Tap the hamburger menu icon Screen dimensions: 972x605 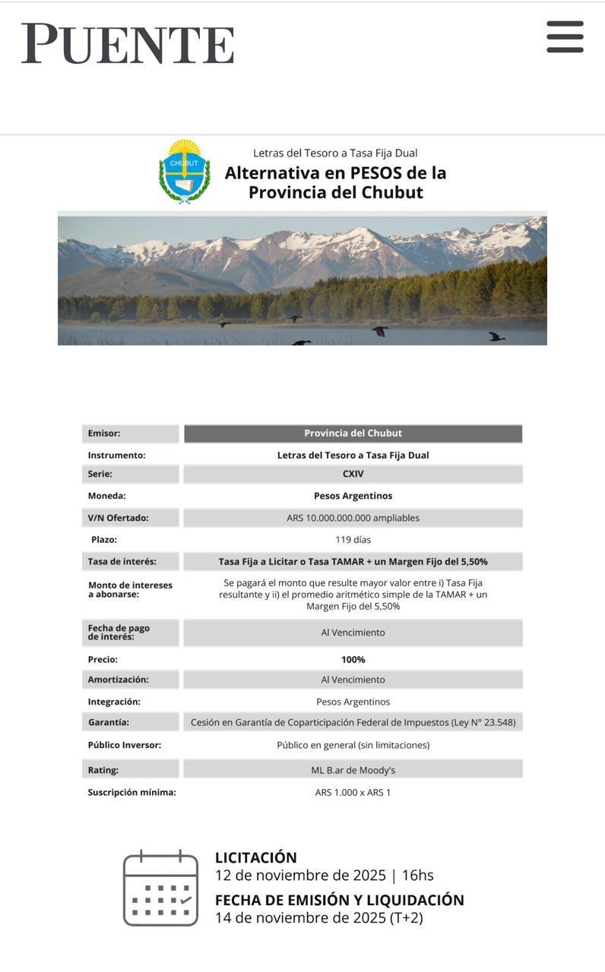coord(565,36)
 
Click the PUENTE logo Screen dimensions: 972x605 coord(128,43)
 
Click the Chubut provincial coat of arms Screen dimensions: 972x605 coord(184,172)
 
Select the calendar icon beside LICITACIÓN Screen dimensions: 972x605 coord(160,888)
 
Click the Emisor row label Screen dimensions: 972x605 coord(104,434)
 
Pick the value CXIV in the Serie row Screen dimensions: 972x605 coord(353,474)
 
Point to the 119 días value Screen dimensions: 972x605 coord(353,540)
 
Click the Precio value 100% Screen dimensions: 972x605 coord(353,660)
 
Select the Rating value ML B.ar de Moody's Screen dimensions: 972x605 coord(353,770)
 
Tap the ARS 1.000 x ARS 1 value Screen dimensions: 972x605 coord(353,793)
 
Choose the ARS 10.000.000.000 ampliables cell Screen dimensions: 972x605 coord(353,518)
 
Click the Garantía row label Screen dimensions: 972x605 coord(108,722)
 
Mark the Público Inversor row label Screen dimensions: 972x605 coord(124,745)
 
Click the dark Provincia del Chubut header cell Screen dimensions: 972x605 coord(353,434)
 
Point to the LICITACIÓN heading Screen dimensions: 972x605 coord(255,857)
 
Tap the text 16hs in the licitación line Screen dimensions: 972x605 coord(417,875)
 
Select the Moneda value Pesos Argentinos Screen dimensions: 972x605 coord(353,496)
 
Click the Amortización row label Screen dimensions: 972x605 coord(118,680)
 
